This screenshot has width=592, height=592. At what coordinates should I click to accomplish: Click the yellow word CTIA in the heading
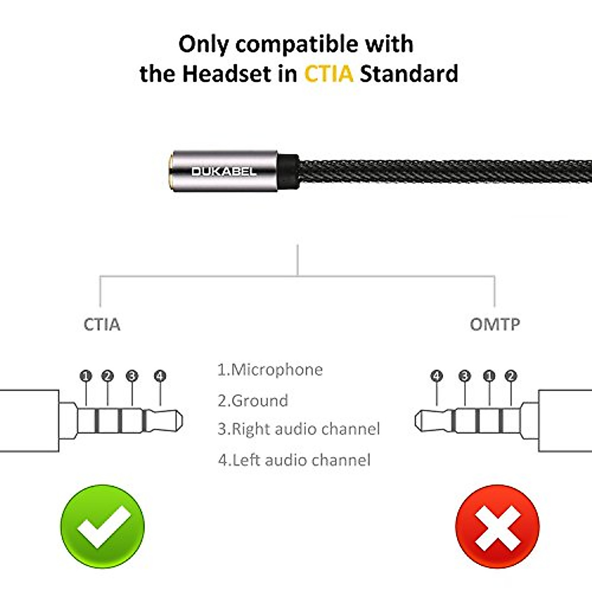coord(329,74)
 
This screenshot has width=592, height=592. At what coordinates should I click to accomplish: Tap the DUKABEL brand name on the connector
coord(223,171)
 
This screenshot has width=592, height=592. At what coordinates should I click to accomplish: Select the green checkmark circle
coord(103,526)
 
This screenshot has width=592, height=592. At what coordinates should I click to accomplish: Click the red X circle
coord(497,526)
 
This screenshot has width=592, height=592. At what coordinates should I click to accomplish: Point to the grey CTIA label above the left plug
coord(102,325)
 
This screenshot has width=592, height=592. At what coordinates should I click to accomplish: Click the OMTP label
coord(495,325)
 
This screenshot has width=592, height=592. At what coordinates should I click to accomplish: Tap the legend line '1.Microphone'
coord(270,370)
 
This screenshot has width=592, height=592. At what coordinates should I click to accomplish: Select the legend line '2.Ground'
coord(253,400)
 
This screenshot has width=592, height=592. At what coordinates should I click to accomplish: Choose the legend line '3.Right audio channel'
coord(299,429)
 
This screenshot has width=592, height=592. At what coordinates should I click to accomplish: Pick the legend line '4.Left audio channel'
coord(294,460)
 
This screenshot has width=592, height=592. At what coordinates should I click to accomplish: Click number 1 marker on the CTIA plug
coord(86,376)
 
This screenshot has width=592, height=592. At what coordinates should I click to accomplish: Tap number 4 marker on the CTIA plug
coord(159,376)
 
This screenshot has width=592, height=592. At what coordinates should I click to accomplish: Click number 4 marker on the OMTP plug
coord(437,376)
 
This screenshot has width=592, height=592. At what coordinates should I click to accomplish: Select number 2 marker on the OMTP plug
coord(511,376)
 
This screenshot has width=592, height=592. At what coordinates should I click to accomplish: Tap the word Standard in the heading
coord(409,74)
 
